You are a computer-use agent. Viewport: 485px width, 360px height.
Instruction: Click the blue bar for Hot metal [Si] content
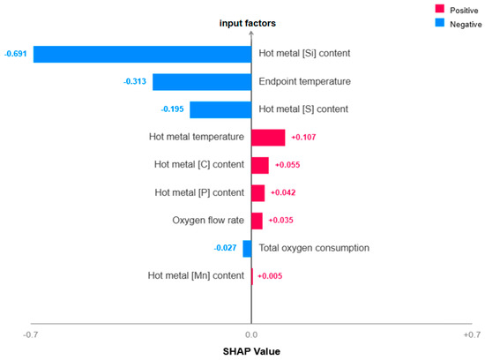(x=142, y=54)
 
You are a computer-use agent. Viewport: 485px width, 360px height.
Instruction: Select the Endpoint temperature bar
(x=202, y=82)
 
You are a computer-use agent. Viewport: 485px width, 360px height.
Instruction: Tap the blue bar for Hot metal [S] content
(x=220, y=109)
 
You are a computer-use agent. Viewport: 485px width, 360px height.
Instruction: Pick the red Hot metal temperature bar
(x=268, y=138)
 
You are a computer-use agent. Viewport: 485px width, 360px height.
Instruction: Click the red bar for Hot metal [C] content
(x=260, y=165)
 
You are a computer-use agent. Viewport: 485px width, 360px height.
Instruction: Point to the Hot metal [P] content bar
(x=258, y=193)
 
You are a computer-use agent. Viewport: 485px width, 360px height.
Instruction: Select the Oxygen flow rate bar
(x=257, y=221)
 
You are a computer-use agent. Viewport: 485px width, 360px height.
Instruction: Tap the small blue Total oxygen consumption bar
(x=247, y=249)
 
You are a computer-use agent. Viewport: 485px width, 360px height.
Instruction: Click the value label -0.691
(x=16, y=54)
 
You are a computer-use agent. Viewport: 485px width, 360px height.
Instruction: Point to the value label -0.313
(x=135, y=81)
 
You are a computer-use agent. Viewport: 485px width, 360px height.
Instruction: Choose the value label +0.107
(x=303, y=137)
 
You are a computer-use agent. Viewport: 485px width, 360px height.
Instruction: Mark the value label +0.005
(x=270, y=276)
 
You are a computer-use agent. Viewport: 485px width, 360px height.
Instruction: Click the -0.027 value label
(x=225, y=248)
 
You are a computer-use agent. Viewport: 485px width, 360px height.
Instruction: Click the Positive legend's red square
(x=439, y=9)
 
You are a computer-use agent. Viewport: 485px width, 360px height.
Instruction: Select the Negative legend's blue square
(x=439, y=23)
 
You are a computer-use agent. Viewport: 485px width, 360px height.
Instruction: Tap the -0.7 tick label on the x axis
(x=31, y=334)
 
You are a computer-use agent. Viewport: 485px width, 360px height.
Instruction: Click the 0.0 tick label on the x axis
(x=251, y=334)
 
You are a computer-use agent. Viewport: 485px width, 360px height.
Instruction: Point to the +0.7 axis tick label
(x=472, y=334)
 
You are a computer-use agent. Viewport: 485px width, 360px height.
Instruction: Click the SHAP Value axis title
(x=251, y=351)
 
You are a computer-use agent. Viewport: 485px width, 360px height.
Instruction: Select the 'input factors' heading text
(x=248, y=23)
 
